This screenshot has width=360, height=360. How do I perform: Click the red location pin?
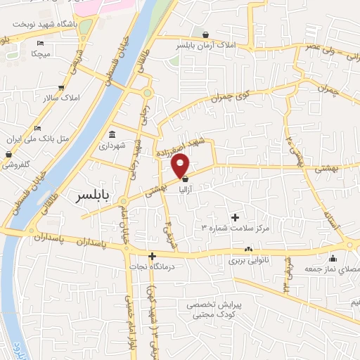(181, 165)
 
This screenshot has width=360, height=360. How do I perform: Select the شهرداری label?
(111, 147)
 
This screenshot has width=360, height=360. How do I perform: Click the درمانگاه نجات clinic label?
(150, 267)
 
